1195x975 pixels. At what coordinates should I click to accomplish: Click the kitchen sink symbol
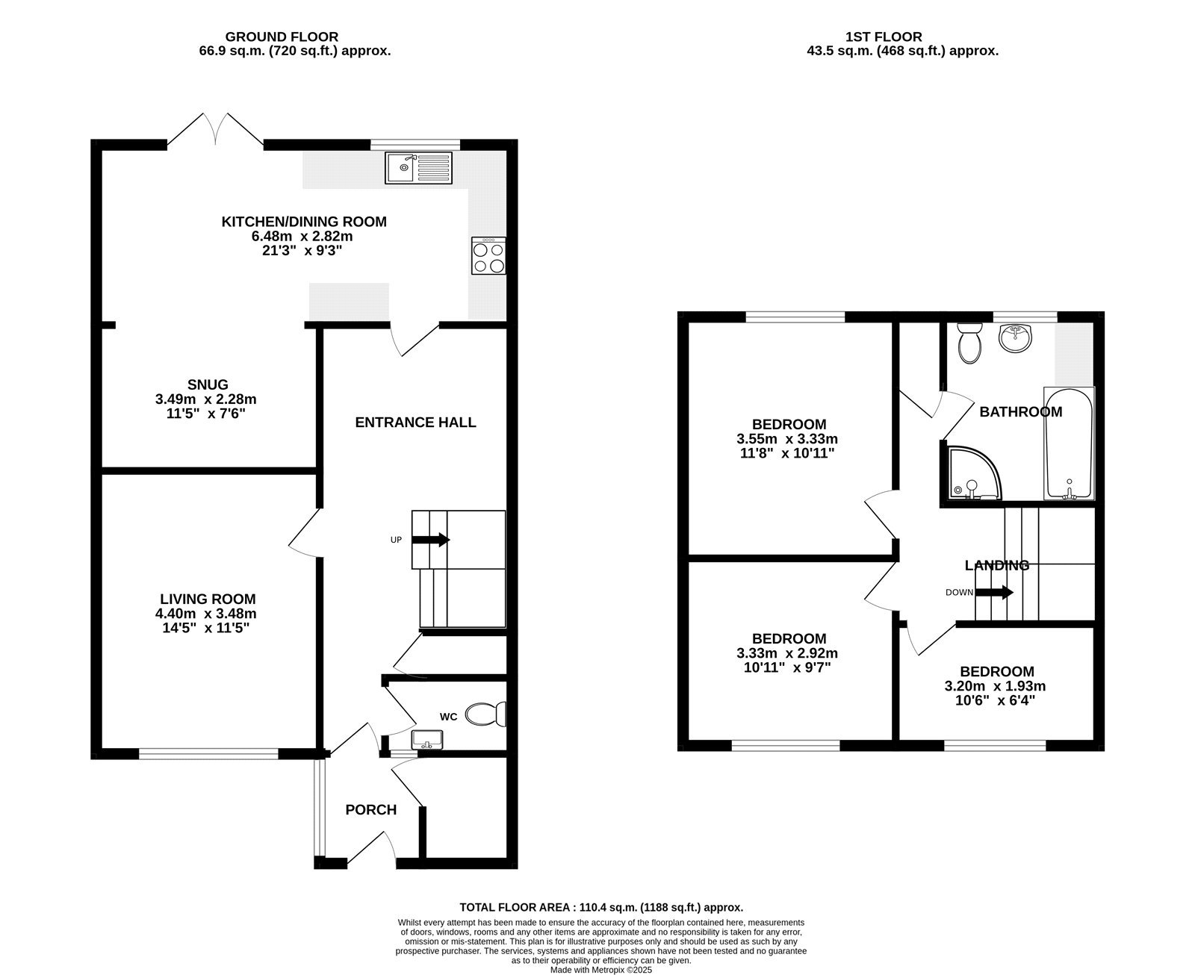(x=419, y=167)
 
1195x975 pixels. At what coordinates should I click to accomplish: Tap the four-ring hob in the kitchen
(x=488, y=255)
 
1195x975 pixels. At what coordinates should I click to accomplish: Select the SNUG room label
(x=208, y=384)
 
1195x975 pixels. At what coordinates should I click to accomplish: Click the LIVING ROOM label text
(x=208, y=599)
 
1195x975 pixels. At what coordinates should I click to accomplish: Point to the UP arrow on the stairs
(x=430, y=539)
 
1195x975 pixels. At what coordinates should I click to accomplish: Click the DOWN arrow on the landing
(x=994, y=593)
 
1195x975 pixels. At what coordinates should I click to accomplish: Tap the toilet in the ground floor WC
(x=485, y=714)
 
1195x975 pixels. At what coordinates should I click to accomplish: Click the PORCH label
(x=370, y=809)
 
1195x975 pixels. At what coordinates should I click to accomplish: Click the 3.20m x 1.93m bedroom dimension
(x=997, y=686)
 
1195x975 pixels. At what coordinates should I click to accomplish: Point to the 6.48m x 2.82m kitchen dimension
(x=302, y=236)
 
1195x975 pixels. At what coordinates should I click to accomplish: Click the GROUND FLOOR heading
(x=282, y=37)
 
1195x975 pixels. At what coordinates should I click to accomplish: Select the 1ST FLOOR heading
(x=884, y=37)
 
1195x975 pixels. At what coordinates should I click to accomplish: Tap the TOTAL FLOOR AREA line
(x=601, y=908)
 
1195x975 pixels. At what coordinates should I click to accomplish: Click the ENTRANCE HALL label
(x=415, y=423)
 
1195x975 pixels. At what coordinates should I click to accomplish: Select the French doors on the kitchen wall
(x=215, y=130)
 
